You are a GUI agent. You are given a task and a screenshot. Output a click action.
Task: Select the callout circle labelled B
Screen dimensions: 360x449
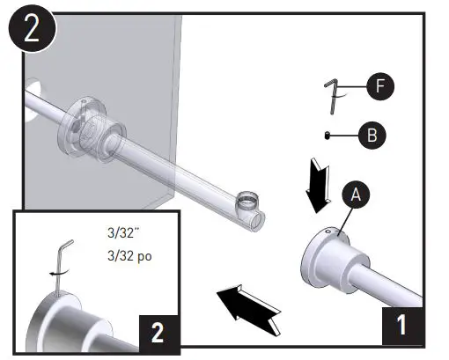[x=372, y=135]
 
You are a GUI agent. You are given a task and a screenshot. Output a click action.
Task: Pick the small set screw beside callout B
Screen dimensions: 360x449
[x=328, y=135]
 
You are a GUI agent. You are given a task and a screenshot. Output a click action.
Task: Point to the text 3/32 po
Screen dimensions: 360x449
[x=125, y=257]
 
